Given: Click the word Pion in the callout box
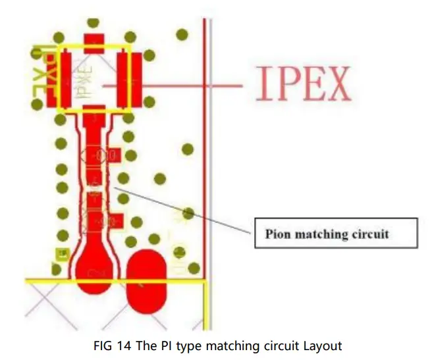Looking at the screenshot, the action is click(279, 234).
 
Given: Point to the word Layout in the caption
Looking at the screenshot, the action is click(322, 344).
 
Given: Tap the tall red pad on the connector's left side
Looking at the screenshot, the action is click(63, 79).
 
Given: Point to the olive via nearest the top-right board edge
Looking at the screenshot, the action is click(182, 34).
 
